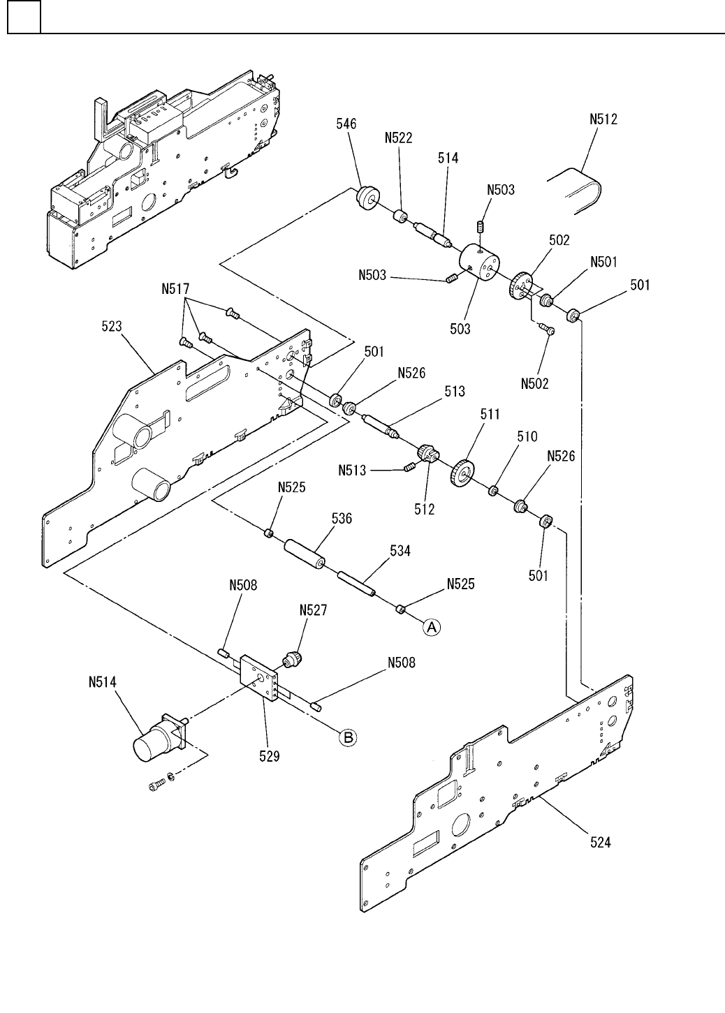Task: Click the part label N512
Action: (x=603, y=119)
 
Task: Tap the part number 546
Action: (x=345, y=124)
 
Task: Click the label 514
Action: (x=448, y=158)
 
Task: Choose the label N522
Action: (x=398, y=138)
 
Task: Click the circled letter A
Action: (x=432, y=628)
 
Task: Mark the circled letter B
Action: (x=348, y=737)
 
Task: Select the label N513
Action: (x=353, y=471)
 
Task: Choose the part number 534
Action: (x=400, y=552)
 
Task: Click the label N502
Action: (x=535, y=383)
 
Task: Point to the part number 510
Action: (x=527, y=436)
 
